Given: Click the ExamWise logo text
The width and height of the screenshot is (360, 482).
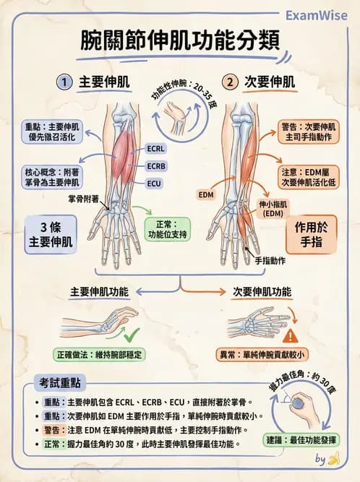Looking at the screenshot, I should (x=316, y=14).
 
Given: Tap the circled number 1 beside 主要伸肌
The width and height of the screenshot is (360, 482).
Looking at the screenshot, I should (x=66, y=82).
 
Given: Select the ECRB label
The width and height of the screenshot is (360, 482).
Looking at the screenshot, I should (x=157, y=166).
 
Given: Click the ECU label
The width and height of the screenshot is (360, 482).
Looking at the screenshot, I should (x=155, y=184).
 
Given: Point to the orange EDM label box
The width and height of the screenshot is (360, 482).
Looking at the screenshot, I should (x=206, y=194).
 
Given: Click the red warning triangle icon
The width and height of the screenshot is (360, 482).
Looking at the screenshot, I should (x=290, y=335).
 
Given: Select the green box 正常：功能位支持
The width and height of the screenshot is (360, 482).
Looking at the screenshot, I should (x=167, y=228).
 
